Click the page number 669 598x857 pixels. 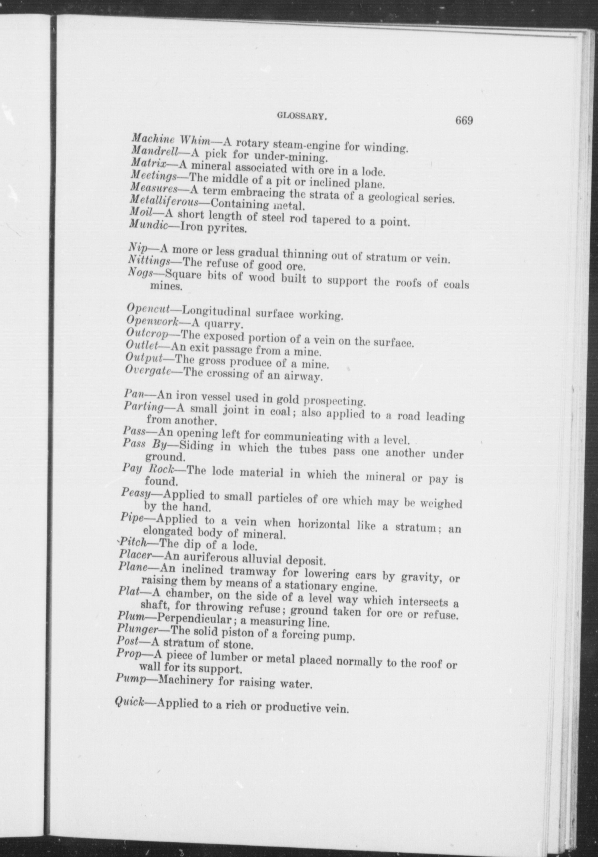click(464, 120)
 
